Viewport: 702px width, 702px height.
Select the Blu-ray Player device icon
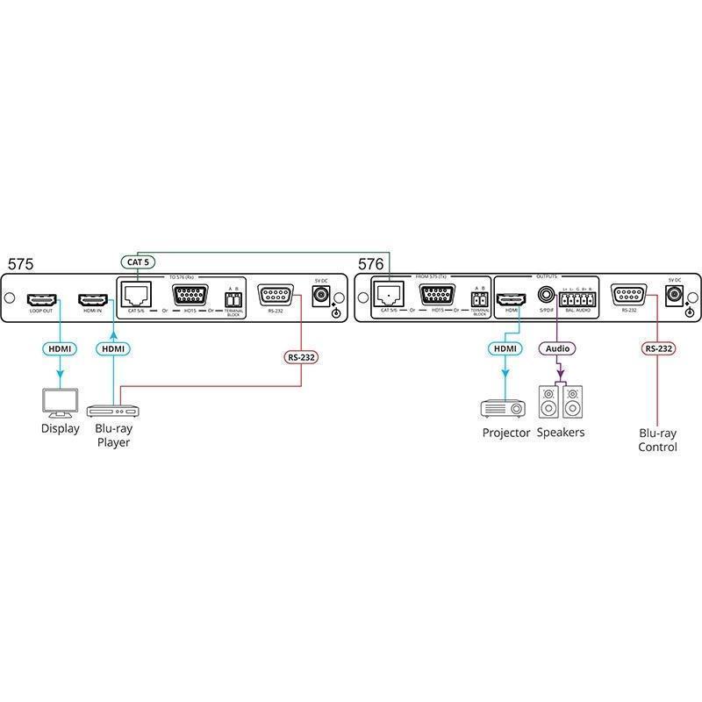point(114,410)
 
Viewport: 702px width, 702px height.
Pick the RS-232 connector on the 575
point(276,295)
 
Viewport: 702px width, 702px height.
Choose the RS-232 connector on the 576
point(629,295)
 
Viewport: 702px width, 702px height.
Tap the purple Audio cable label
point(556,348)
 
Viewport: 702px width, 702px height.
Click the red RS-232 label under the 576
point(659,348)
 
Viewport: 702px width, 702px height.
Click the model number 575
point(21,263)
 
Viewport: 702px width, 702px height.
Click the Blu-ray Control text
point(658,440)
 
